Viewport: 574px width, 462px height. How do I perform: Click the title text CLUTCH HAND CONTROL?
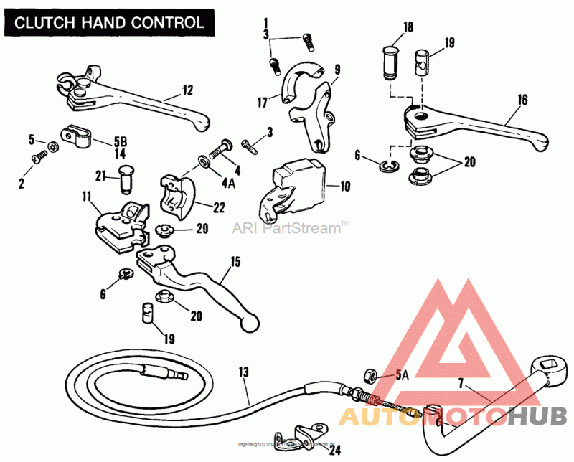click(110, 22)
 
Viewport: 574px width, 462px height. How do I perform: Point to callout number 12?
click(187, 90)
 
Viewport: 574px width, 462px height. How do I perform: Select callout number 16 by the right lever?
click(522, 100)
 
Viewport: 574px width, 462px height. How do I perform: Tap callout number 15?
click(234, 262)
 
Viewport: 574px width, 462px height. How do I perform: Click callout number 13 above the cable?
click(243, 372)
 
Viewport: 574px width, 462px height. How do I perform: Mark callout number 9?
click(337, 70)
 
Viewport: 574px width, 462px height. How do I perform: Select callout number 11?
click(87, 196)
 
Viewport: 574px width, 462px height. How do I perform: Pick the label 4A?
click(228, 183)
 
